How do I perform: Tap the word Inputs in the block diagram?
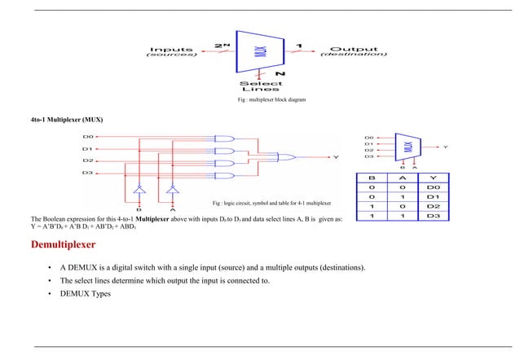(x=170, y=50)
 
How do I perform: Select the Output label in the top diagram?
(x=352, y=50)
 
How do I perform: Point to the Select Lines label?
(x=261, y=86)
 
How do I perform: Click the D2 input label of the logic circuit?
(x=88, y=161)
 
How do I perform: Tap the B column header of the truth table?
(x=372, y=177)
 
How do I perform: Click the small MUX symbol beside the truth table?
(x=408, y=147)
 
